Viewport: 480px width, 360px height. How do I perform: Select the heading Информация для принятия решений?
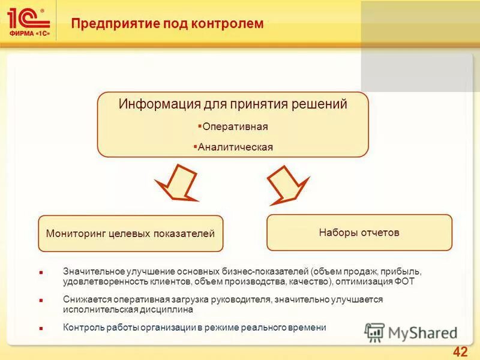point(233,104)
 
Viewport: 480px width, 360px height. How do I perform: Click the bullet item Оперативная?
point(235,127)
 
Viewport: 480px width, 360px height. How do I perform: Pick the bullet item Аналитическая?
point(235,147)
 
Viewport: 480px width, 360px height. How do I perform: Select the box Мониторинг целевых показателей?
point(130,233)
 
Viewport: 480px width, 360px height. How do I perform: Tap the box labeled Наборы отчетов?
point(359,232)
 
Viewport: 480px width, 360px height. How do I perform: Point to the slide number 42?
point(460,351)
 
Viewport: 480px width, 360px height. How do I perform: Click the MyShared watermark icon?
point(374,332)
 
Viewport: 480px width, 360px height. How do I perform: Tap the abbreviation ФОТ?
point(405,280)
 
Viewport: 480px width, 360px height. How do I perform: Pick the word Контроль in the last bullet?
point(81,328)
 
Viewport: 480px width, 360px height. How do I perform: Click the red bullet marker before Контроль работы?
point(41,329)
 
